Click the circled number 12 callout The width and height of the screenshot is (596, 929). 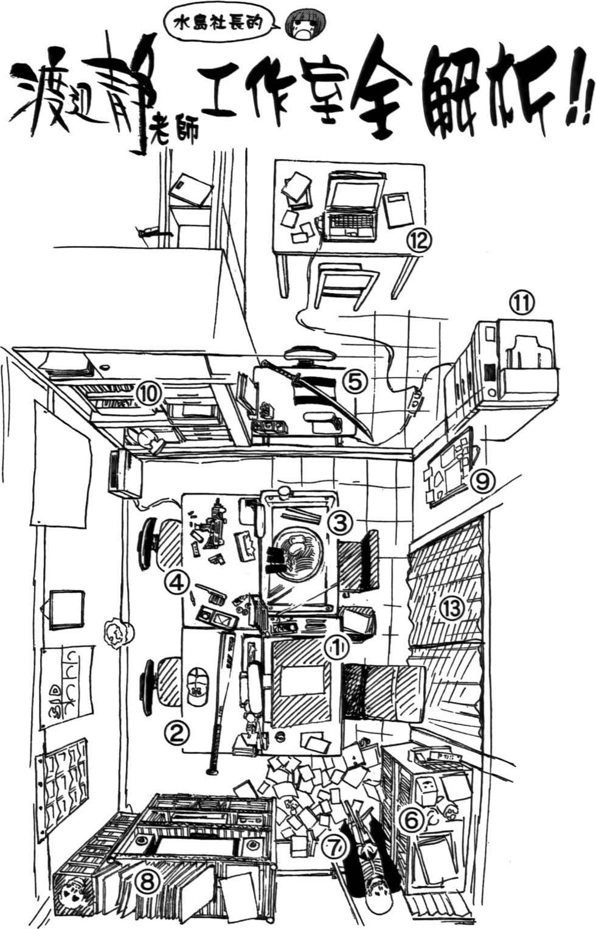pyautogui.click(x=419, y=240)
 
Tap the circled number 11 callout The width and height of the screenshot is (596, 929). pyautogui.click(x=521, y=304)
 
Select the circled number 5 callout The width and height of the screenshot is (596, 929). pyautogui.click(x=355, y=382)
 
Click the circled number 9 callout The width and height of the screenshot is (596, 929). pyautogui.click(x=483, y=481)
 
